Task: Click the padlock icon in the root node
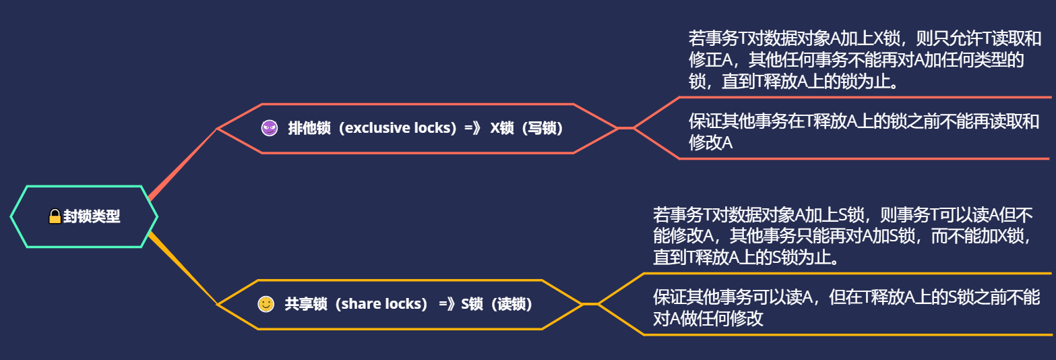pyautogui.click(x=55, y=217)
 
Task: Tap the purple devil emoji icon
pyautogui.click(x=269, y=128)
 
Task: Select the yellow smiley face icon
pyautogui.click(x=266, y=304)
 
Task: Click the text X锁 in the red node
pyautogui.click(x=502, y=128)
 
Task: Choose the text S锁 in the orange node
pyautogui.click(x=472, y=304)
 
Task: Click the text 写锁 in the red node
pyautogui.click(x=542, y=128)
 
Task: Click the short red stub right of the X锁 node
pyautogui.click(x=625, y=128)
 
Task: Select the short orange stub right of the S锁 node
pyautogui.click(x=590, y=304)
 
